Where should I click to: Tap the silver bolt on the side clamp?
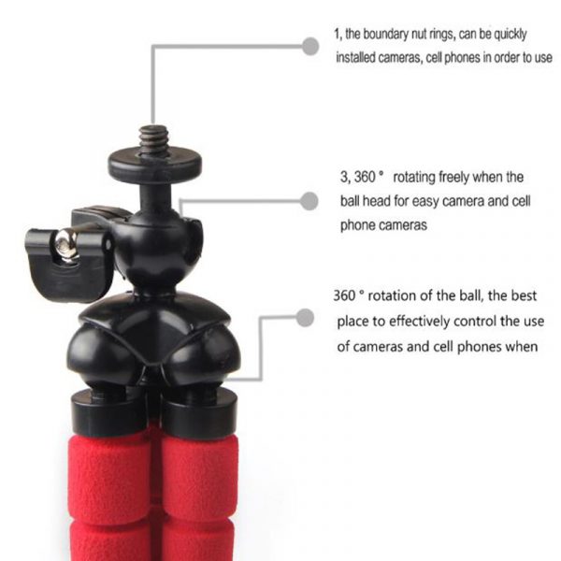(x=65, y=246)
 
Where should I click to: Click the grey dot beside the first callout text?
(x=311, y=44)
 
